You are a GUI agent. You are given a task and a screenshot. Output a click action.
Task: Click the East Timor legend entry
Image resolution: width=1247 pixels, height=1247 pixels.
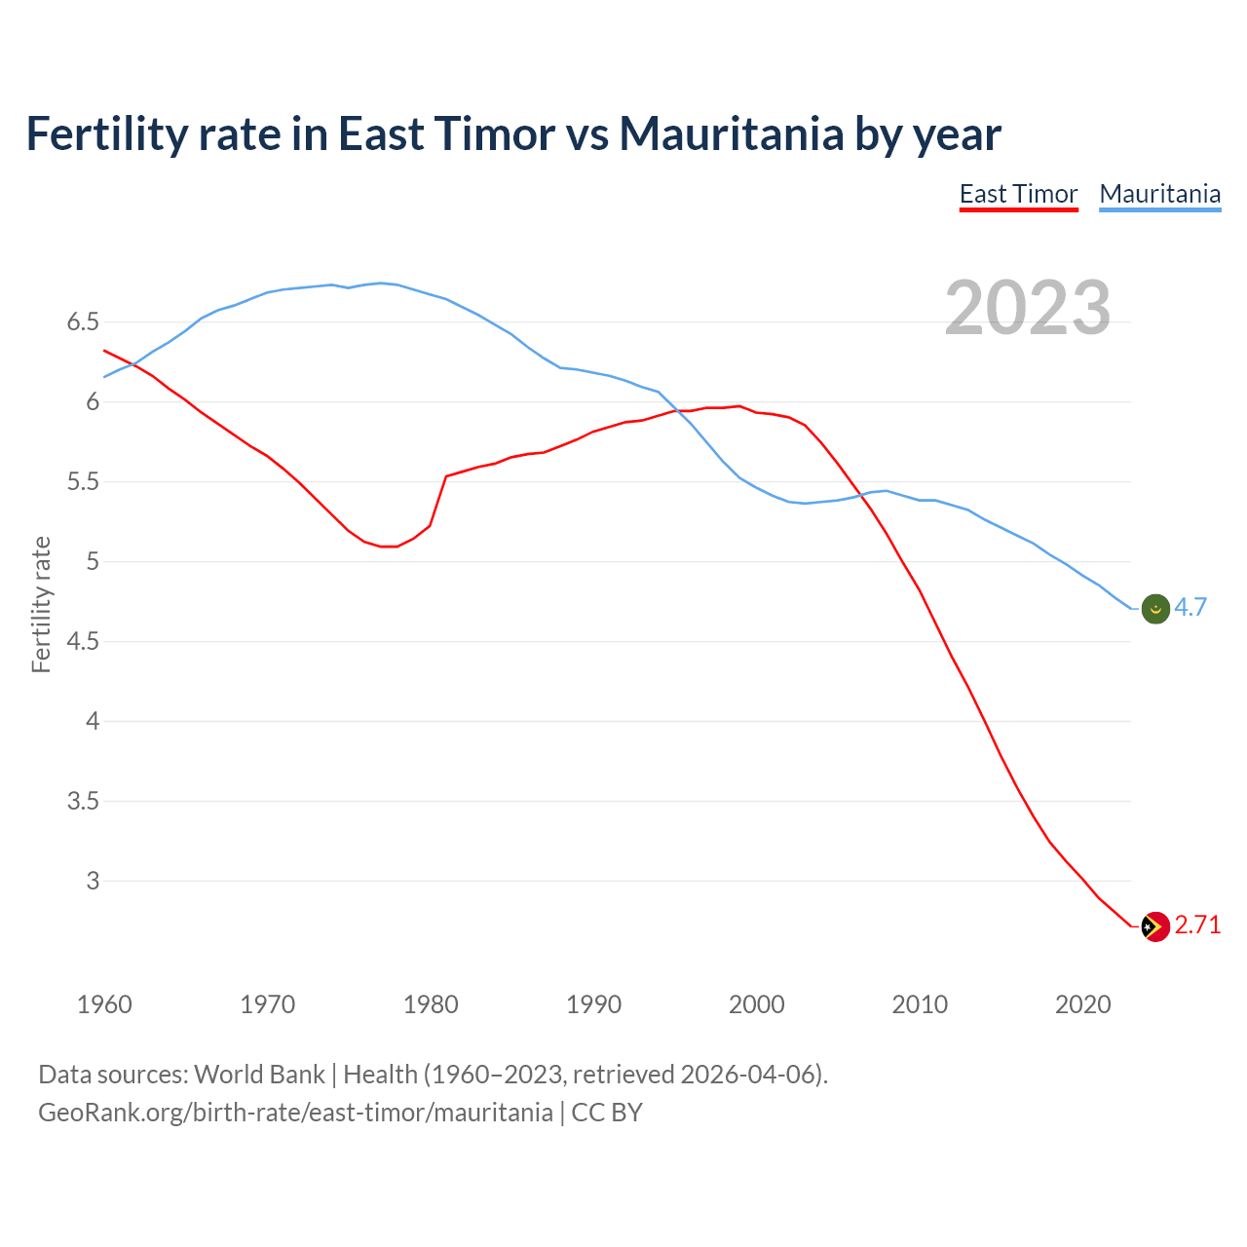click(1018, 194)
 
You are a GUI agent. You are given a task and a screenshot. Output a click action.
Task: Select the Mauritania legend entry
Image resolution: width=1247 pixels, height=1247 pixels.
click(1159, 194)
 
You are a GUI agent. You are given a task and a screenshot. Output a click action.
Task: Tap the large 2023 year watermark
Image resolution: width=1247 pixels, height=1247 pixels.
click(1028, 308)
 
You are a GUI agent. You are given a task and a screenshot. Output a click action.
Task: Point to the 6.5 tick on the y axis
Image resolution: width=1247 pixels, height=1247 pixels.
click(83, 321)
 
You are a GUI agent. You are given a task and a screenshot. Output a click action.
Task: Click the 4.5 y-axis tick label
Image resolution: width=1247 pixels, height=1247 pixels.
click(83, 641)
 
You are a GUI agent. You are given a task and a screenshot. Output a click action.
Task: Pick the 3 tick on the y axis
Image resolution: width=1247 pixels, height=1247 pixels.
click(93, 881)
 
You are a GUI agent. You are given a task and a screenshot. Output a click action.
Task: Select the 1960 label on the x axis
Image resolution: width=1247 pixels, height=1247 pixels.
click(104, 1004)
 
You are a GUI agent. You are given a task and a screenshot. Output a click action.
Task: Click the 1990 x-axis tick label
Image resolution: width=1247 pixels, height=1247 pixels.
click(593, 1004)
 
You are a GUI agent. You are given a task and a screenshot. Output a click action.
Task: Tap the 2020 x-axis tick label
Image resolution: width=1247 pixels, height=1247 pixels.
click(1082, 1004)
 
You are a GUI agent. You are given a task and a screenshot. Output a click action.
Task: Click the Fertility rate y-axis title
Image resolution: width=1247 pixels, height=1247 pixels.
click(41, 604)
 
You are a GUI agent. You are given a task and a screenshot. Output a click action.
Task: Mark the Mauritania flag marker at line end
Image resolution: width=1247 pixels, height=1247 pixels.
click(1154, 609)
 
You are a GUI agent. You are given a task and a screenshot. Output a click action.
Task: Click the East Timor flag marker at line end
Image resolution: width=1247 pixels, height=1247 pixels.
click(1154, 926)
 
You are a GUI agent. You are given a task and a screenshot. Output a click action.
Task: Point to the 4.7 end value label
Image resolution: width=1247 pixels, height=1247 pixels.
click(1190, 607)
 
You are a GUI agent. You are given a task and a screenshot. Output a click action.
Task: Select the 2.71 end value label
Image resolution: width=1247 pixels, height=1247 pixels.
click(1197, 925)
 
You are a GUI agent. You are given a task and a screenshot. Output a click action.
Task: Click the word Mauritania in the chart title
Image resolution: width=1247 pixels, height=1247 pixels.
click(731, 133)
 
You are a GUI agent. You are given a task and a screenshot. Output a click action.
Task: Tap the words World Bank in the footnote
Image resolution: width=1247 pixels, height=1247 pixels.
click(259, 1074)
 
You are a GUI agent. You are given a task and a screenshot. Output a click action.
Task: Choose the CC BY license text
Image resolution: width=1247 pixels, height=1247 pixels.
click(607, 1112)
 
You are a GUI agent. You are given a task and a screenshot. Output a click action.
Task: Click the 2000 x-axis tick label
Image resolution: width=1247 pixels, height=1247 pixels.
click(756, 1004)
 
